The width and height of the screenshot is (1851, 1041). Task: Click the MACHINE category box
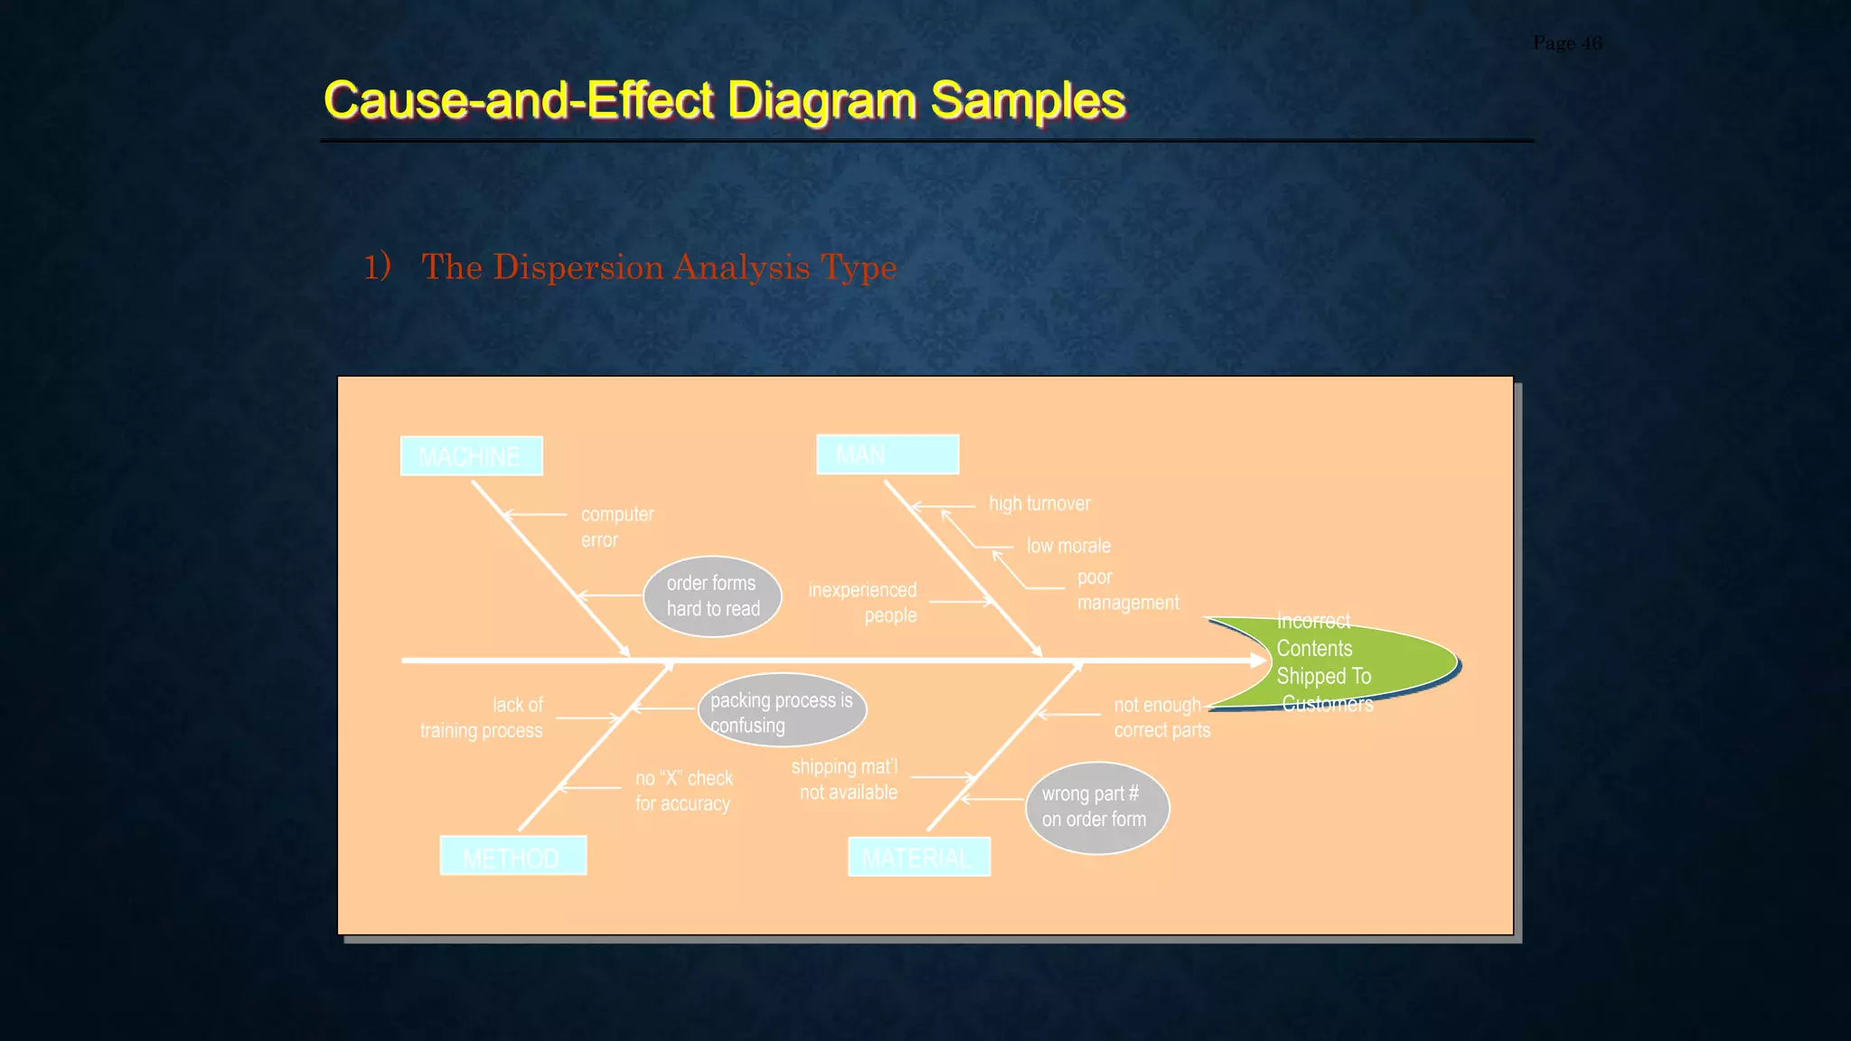(x=471, y=455)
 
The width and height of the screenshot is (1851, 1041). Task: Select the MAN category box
(x=887, y=454)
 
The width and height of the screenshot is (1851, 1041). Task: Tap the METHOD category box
(x=512, y=856)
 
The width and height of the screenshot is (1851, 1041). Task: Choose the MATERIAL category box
(x=918, y=857)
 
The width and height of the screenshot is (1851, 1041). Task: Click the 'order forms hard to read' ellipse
(x=712, y=596)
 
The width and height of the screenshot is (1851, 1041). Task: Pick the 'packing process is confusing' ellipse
(x=782, y=711)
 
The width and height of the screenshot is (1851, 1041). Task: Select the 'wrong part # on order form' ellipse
(x=1096, y=807)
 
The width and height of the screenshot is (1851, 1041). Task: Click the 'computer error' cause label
(x=617, y=527)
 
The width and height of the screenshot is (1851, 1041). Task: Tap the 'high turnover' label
(x=1039, y=503)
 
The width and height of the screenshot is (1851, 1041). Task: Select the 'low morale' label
(x=1068, y=546)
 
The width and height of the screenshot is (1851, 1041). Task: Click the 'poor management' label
(x=1127, y=590)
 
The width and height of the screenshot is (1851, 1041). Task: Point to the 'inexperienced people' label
(x=863, y=603)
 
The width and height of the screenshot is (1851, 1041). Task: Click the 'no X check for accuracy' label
(x=684, y=791)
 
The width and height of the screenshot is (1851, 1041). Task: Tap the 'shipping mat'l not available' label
(x=846, y=779)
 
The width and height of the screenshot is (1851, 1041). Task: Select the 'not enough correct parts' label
(x=1160, y=717)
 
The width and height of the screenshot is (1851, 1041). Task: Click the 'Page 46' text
(x=1567, y=43)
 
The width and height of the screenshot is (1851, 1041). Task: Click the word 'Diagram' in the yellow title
(x=821, y=99)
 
